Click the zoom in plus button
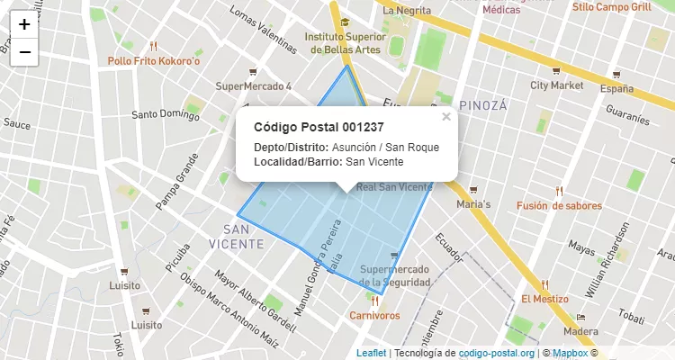(x=24, y=25)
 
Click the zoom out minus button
(x=24, y=52)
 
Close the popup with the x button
(x=446, y=117)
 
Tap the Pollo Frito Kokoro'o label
(x=153, y=61)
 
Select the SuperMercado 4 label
(x=254, y=86)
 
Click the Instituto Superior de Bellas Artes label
(x=346, y=43)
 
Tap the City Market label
(x=556, y=85)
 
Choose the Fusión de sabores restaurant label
(x=559, y=205)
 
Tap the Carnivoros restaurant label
(x=374, y=315)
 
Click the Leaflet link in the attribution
(x=371, y=353)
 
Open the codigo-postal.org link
(x=496, y=353)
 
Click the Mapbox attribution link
(x=569, y=353)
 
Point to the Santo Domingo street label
(x=166, y=114)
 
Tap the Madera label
(x=580, y=331)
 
